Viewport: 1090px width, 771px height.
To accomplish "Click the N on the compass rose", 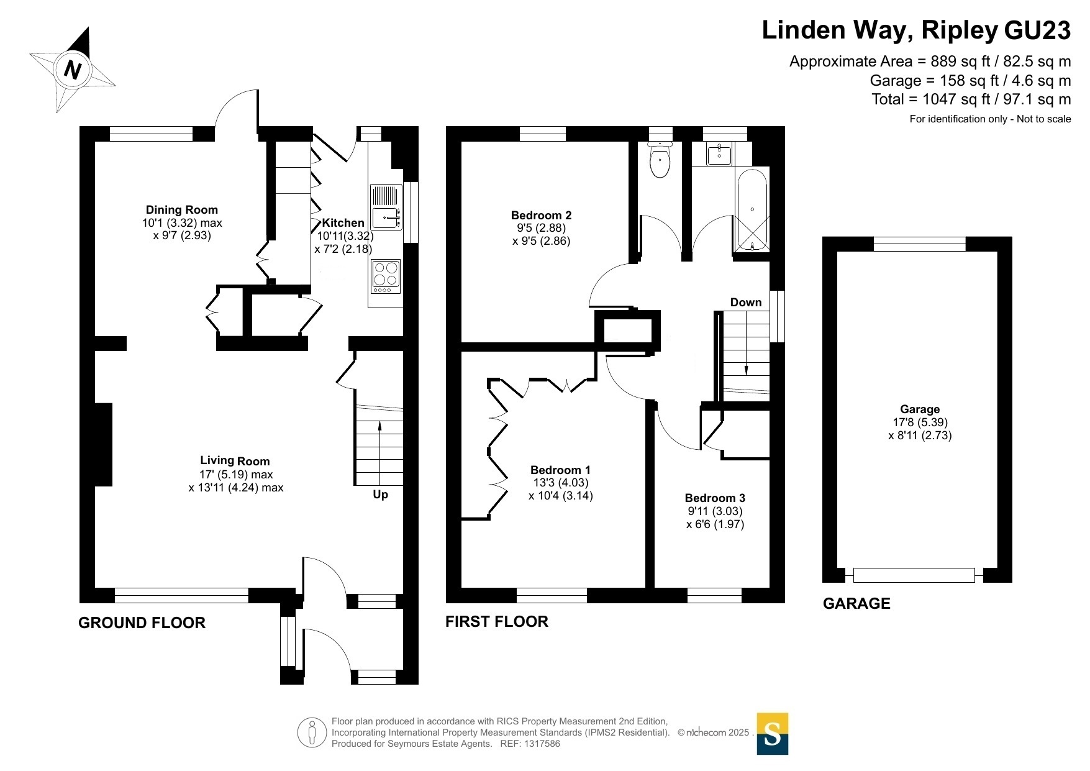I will coord(73,69).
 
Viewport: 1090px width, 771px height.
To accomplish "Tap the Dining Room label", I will coord(181,210).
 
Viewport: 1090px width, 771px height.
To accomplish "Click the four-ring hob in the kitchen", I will coord(386,274).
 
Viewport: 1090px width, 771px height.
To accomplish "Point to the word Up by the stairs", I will coord(380,495).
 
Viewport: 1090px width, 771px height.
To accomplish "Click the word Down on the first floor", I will coord(745,303).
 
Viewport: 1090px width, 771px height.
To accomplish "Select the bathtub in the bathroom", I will coord(752,209).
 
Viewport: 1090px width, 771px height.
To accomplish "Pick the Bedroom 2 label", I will coord(541,216).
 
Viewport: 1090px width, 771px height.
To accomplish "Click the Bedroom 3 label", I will coord(715,498).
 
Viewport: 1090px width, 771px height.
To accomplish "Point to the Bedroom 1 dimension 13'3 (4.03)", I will coord(560,483).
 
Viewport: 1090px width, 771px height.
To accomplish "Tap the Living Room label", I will coord(235,461).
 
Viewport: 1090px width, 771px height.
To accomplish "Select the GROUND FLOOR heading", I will coord(142,623).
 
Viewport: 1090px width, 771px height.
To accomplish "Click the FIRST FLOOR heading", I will coord(497,622).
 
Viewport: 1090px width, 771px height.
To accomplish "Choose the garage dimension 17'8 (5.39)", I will coord(920,422).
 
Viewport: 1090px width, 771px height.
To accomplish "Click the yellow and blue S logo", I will coord(772,734).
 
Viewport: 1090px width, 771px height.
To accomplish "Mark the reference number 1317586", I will coord(542,744).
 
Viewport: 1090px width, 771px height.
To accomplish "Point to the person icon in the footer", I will coord(312,732).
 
